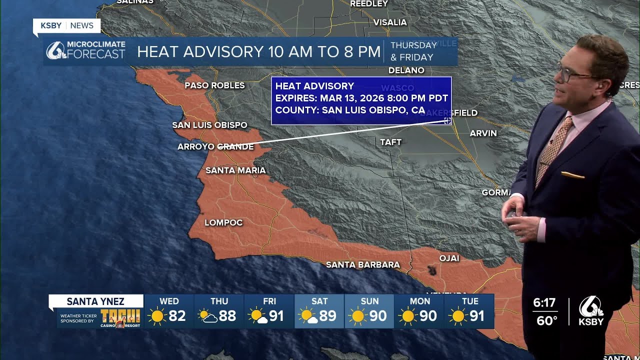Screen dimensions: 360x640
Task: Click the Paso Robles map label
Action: tap(214, 85)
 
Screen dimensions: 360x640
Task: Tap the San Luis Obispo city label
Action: tap(209, 125)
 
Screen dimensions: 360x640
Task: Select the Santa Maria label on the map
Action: tap(235, 170)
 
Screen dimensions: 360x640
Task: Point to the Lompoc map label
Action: tap(223, 222)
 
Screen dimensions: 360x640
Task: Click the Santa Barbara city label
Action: tap(362, 264)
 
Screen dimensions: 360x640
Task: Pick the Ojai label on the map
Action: tap(448, 258)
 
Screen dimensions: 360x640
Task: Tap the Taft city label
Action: tap(390, 142)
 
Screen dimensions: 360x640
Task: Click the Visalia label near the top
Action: tap(390, 22)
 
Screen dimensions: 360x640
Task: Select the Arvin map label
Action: tap(483, 133)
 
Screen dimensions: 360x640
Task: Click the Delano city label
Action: tap(406, 70)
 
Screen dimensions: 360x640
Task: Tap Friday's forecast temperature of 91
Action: tap(276, 316)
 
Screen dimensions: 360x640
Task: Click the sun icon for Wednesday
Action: tap(157, 316)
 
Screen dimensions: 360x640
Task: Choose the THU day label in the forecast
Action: tap(219, 301)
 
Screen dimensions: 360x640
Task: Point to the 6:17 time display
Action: tap(544, 303)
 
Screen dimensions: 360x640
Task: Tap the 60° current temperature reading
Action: tap(546, 320)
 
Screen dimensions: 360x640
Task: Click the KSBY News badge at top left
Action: tap(67, 25)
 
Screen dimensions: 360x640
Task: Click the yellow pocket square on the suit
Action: tap(572, 175)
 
